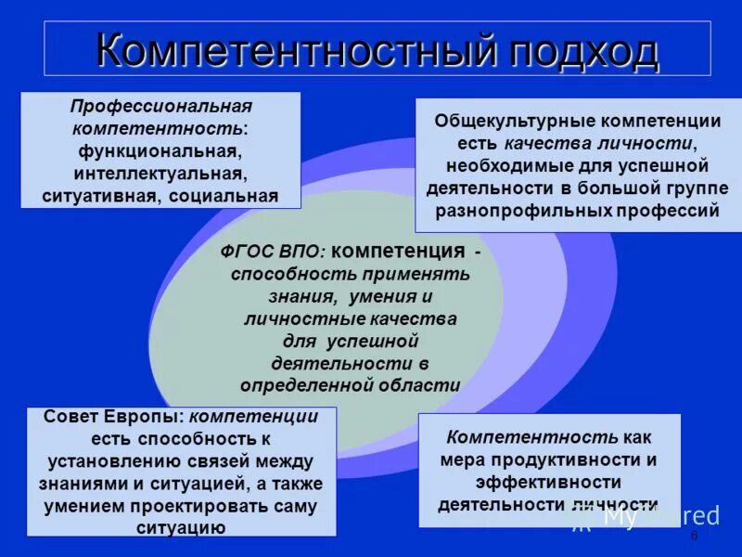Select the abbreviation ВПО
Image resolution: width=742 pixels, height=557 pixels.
298,253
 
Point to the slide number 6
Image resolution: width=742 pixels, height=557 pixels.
693,537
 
